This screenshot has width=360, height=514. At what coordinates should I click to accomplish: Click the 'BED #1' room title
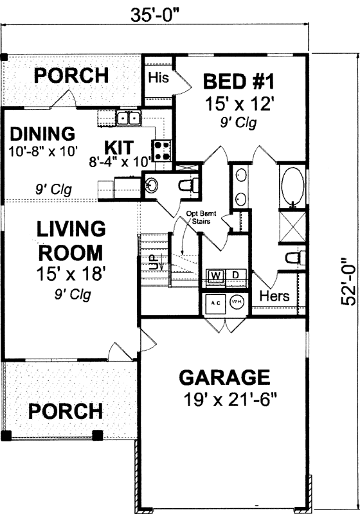point(239,82)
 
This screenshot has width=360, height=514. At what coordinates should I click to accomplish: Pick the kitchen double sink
point(129,118)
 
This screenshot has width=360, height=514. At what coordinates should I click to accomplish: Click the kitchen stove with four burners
point(162,150)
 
